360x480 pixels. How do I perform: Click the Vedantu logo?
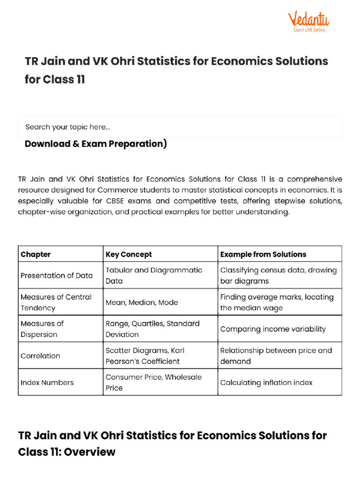[x=308, y=21]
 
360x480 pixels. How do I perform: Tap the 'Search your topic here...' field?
[x=180, y=127]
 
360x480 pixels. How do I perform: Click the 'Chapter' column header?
[x=36, y=255]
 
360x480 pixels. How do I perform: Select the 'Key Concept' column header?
[x=129, y=255]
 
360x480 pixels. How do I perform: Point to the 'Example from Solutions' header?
[x=263, y=255]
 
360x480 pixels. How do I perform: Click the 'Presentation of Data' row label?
[x=57, y=276]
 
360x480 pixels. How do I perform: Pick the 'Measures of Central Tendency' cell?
[x=56, y=302]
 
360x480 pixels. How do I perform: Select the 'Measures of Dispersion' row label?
[x=42, y=329]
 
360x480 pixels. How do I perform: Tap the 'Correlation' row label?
[x=40, y=356]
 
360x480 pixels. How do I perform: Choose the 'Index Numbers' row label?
[x=47, y=382]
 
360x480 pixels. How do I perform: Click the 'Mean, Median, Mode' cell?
[x=142, y=302]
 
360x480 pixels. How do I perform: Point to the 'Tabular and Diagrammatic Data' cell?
[x=154, y=276]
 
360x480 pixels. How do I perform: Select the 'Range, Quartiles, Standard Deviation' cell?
[x=152, y=329]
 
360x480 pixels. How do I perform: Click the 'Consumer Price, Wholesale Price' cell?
[x=153, y=382]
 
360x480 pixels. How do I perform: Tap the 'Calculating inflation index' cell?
[x=266, y=382]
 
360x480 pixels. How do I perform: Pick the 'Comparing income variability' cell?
[x=273, y=329]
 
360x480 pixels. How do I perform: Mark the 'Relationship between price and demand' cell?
[x=276, y=356]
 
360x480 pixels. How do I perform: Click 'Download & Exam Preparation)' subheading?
[x=96, y=144]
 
